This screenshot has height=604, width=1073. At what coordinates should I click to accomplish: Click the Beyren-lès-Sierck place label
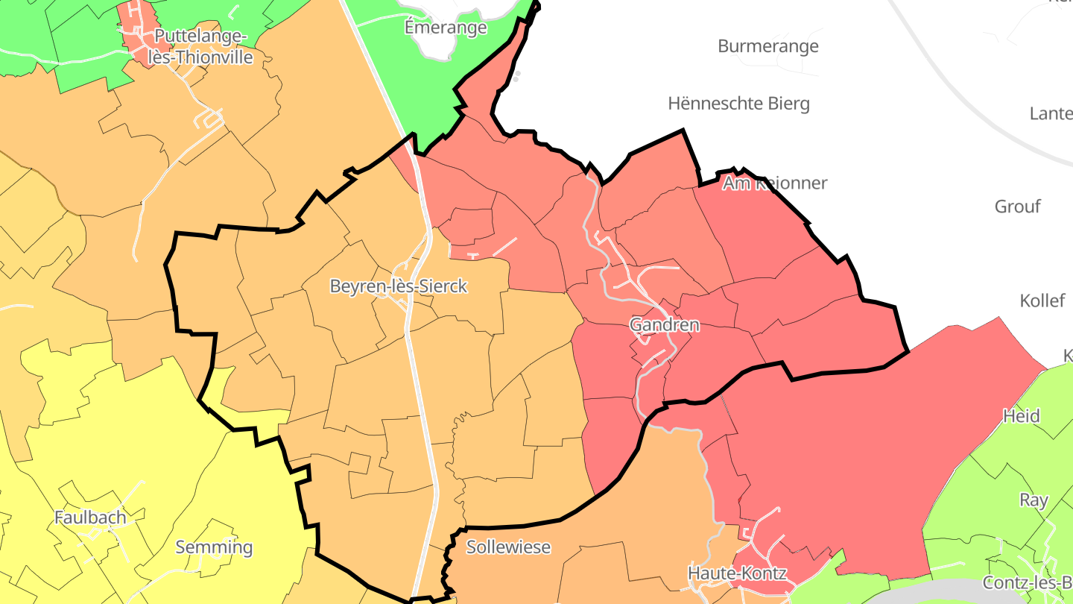tap(399, 286)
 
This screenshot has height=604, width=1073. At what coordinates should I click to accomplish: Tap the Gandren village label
tap(665, 324)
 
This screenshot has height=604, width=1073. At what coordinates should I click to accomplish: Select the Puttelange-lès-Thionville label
tap(203, 46)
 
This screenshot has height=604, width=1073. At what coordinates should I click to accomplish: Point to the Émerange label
tap(446, 28)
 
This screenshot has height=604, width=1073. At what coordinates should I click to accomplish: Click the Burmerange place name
tap(768, 46)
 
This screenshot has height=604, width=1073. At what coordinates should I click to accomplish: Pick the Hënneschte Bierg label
tap(738, 103)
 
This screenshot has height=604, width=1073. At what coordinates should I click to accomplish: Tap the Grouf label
tap(1017, 207)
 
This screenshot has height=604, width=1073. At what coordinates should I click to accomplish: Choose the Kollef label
tap(1042, 301)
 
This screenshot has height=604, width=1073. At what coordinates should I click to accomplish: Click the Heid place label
tap(1021, 415)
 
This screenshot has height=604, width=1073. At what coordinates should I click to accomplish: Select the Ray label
tap(1034, 500)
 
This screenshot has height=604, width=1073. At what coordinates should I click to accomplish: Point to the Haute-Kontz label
tap(737, 573)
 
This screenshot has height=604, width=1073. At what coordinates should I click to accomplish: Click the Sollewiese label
tap(508, 547)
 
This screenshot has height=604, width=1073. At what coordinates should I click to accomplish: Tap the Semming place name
tap(214, 547)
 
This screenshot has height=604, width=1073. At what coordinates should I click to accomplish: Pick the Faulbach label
tap(90, 517)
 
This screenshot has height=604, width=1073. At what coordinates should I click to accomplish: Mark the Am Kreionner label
tap(775, 183)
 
